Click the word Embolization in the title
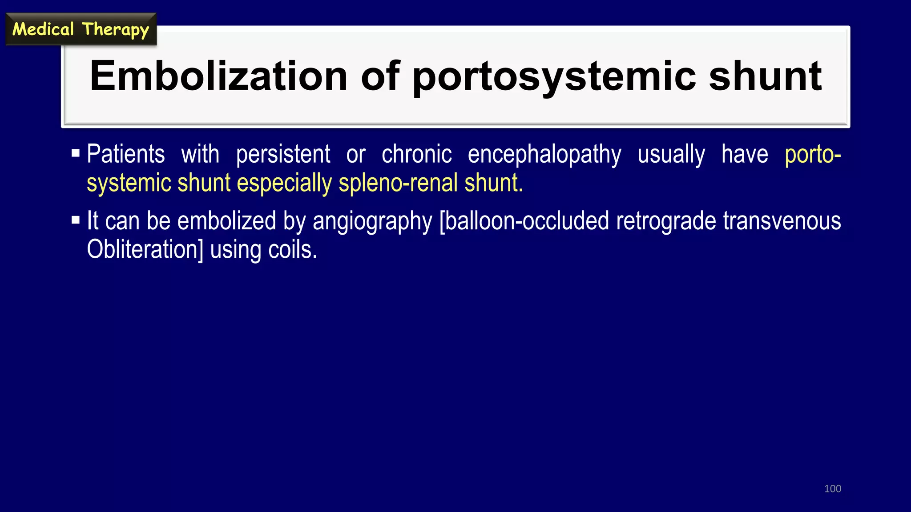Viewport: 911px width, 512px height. coord(218,76)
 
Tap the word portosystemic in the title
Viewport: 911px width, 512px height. coord(554,76)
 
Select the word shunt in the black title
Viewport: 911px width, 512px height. coord(765,76)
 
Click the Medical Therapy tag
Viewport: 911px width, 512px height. coord(81,29)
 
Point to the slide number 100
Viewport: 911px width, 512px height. coord(832,489)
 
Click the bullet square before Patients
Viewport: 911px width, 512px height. coord(76,154)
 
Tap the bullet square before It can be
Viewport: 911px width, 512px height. coord(76,220)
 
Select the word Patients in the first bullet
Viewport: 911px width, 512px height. coord(126,154)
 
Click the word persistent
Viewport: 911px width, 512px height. coord(283,154)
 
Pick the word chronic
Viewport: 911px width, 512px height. coord(416,154)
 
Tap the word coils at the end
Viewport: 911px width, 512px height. coord(292,250)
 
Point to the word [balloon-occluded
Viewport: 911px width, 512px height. coord(524,221)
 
